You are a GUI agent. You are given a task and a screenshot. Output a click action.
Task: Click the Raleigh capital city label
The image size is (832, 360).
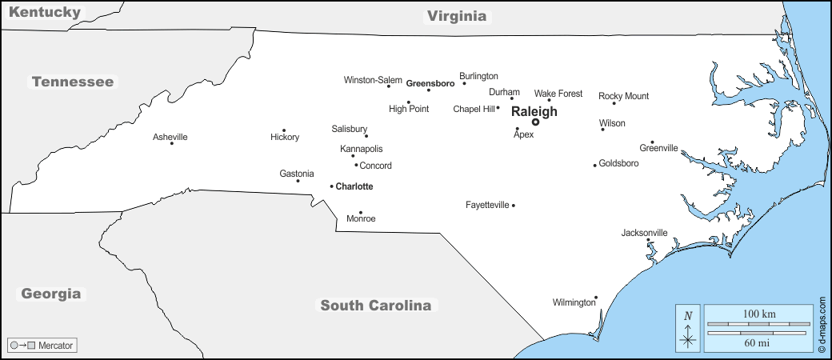tap(534, 111)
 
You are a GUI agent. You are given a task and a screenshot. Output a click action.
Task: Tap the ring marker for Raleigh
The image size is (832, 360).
tap(535, 122)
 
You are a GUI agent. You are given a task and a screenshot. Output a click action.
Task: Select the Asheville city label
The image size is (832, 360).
tap(170, 137)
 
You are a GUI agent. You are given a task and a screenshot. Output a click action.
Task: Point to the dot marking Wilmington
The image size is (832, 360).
tap(596, 298)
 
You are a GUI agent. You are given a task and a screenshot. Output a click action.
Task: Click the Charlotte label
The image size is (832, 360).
tap(354, 186)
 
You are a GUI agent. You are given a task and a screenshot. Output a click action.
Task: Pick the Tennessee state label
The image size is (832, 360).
tap(73, 82)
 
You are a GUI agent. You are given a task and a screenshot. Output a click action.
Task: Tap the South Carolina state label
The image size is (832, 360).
tap(376, 305)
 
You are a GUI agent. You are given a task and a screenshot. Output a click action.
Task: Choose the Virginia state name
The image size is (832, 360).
tap(456, 15)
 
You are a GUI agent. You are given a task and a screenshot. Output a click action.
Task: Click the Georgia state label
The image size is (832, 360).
tap(51, 294)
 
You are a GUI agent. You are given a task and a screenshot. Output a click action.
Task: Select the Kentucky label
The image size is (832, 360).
tap(46, 12)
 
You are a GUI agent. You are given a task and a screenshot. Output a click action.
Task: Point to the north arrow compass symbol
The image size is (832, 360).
tap(687, 328)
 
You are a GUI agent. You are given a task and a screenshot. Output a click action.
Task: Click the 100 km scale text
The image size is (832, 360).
tap(756, 314)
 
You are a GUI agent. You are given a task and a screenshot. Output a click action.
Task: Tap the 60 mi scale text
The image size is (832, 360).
tap(756, 343)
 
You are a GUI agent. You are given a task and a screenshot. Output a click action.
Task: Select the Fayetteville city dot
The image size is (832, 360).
tap(514, 206)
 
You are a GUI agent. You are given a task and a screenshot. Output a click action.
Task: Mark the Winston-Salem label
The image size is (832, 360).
tap(373, 80)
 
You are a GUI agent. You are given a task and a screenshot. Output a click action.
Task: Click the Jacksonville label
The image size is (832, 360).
tap(644, 233)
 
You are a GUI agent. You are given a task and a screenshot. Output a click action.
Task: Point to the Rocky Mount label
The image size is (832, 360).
tap(624, 96)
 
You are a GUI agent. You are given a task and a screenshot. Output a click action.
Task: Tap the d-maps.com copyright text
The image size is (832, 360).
tap(822, 326)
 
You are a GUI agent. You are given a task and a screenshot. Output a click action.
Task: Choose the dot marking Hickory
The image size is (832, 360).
tap(284, 130)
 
